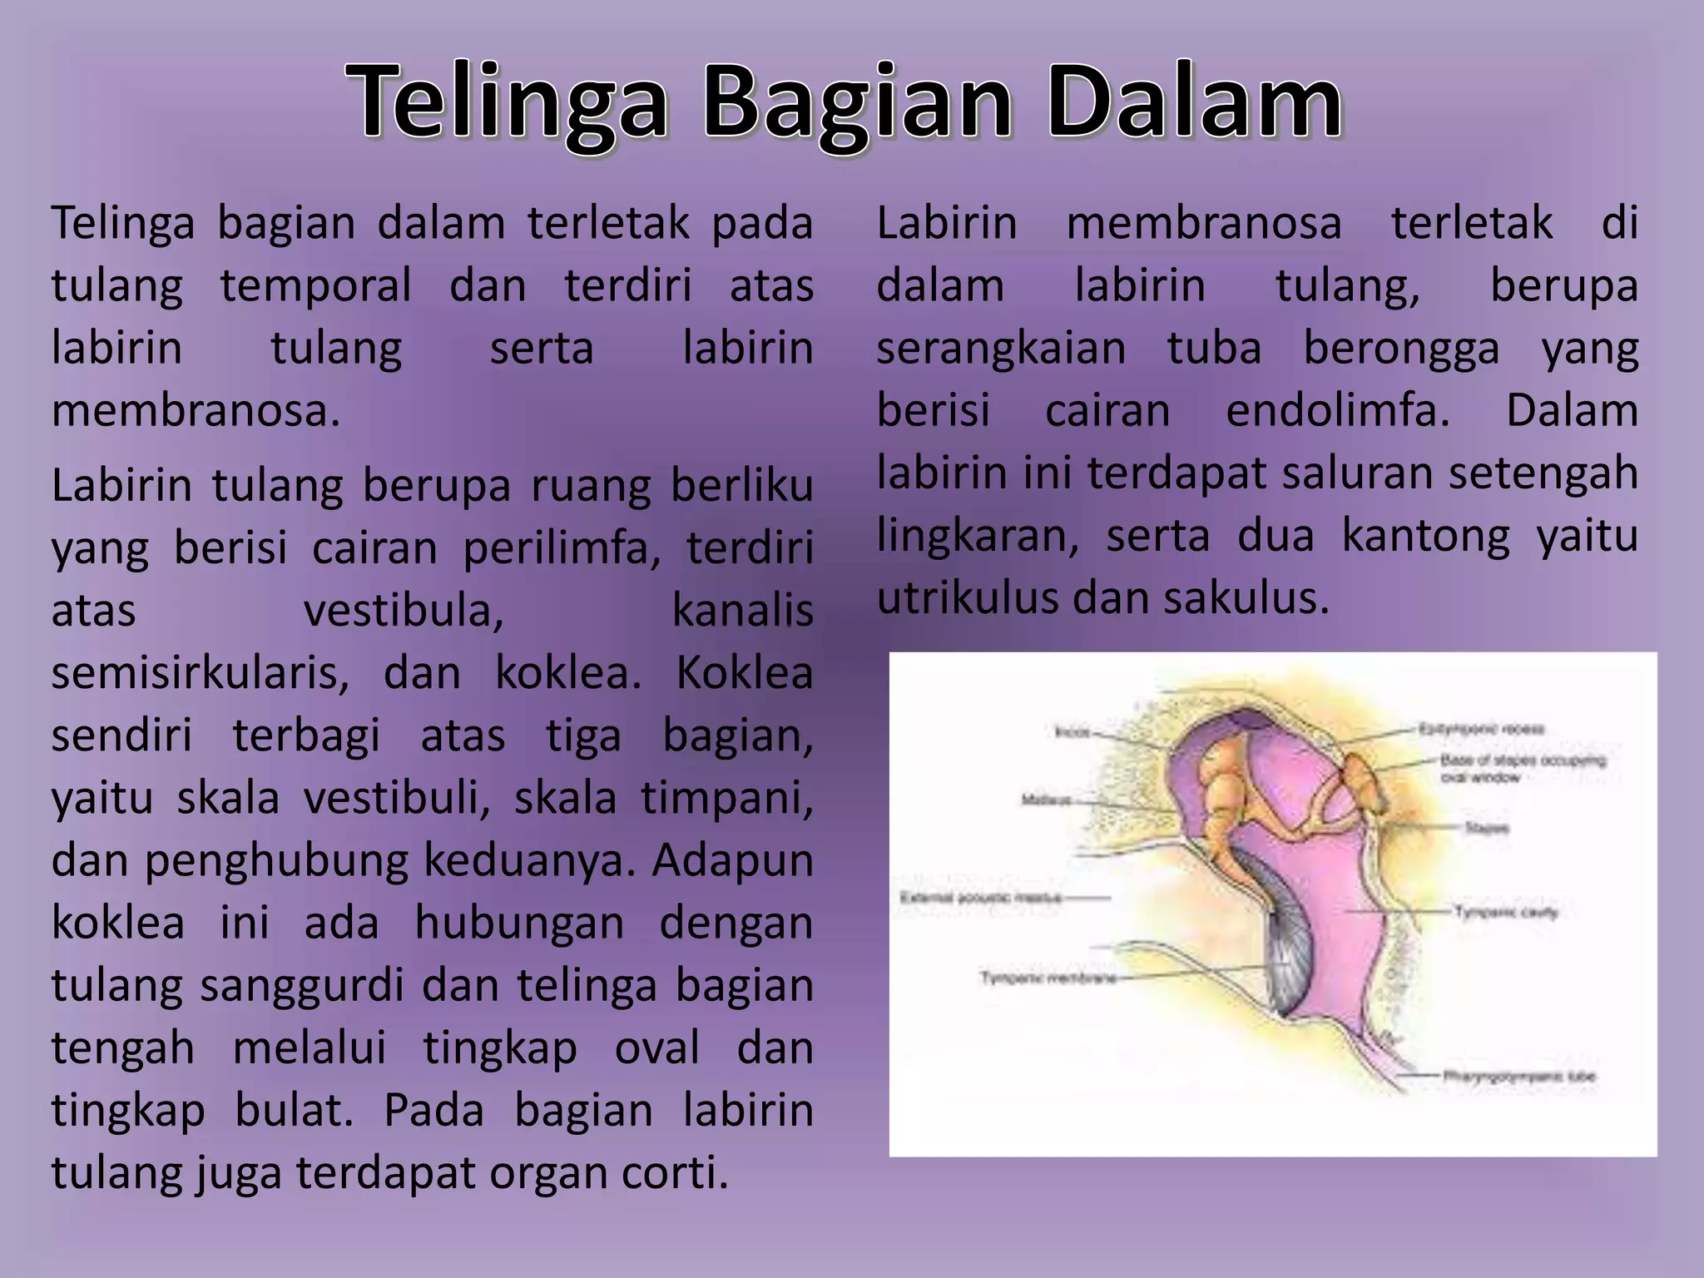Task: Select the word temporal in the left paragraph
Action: click(x=315, y=285)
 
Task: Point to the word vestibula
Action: click(x=404, y=611)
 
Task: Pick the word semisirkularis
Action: click(x=200, y=673)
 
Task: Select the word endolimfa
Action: click(x=1337, y=410)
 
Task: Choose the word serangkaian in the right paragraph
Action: click(x=1001, y=348)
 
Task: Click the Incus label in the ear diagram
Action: click(x=1072, y=732)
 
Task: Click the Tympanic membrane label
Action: click(x=1048, y=978)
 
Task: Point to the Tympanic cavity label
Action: click(x=1506, y=912)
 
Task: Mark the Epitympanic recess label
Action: click(x=1481, y=730)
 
